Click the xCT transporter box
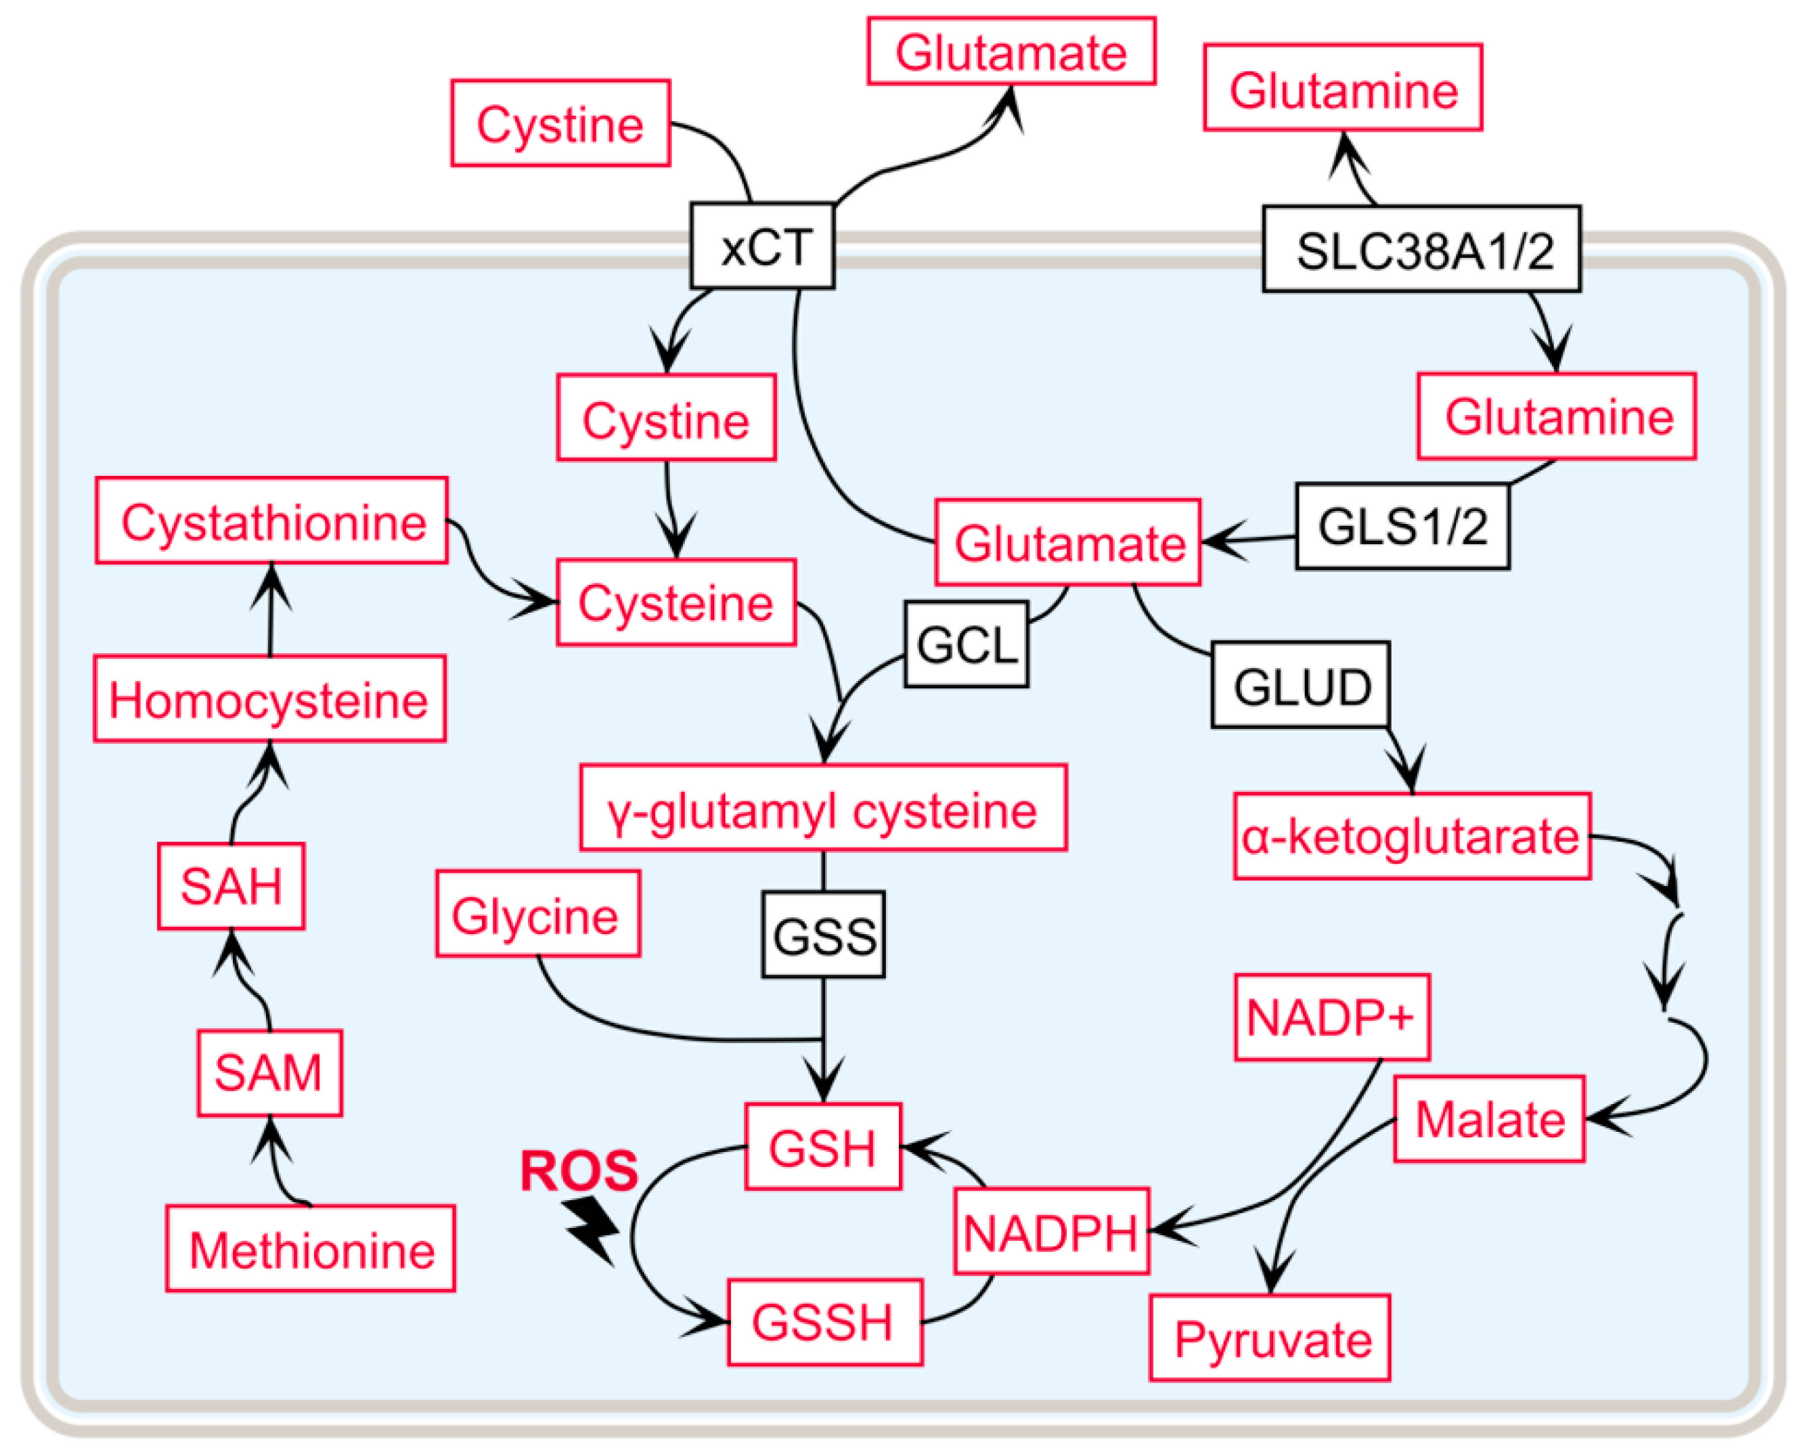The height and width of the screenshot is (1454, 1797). pos(762,246)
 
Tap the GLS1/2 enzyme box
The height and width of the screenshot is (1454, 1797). pos(1402,527)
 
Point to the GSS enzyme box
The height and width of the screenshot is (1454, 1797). pos(823,935)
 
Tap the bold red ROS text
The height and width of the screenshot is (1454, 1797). pos(579,1170)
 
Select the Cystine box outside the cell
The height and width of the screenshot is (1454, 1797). pos(560,124)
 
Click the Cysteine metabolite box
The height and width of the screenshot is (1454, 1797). pos(675,603)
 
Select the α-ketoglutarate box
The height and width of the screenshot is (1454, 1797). pos(1411,836)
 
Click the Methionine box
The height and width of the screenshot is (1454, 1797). pos(311,1250)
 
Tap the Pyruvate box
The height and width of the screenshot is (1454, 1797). pos(1270,1338)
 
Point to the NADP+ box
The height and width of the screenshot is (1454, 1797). pos(1331,1017)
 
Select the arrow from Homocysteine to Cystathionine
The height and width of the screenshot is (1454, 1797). pos(271,609)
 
